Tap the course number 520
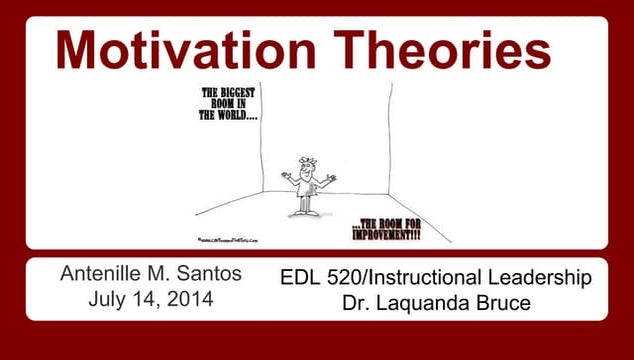pos(343,277)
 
